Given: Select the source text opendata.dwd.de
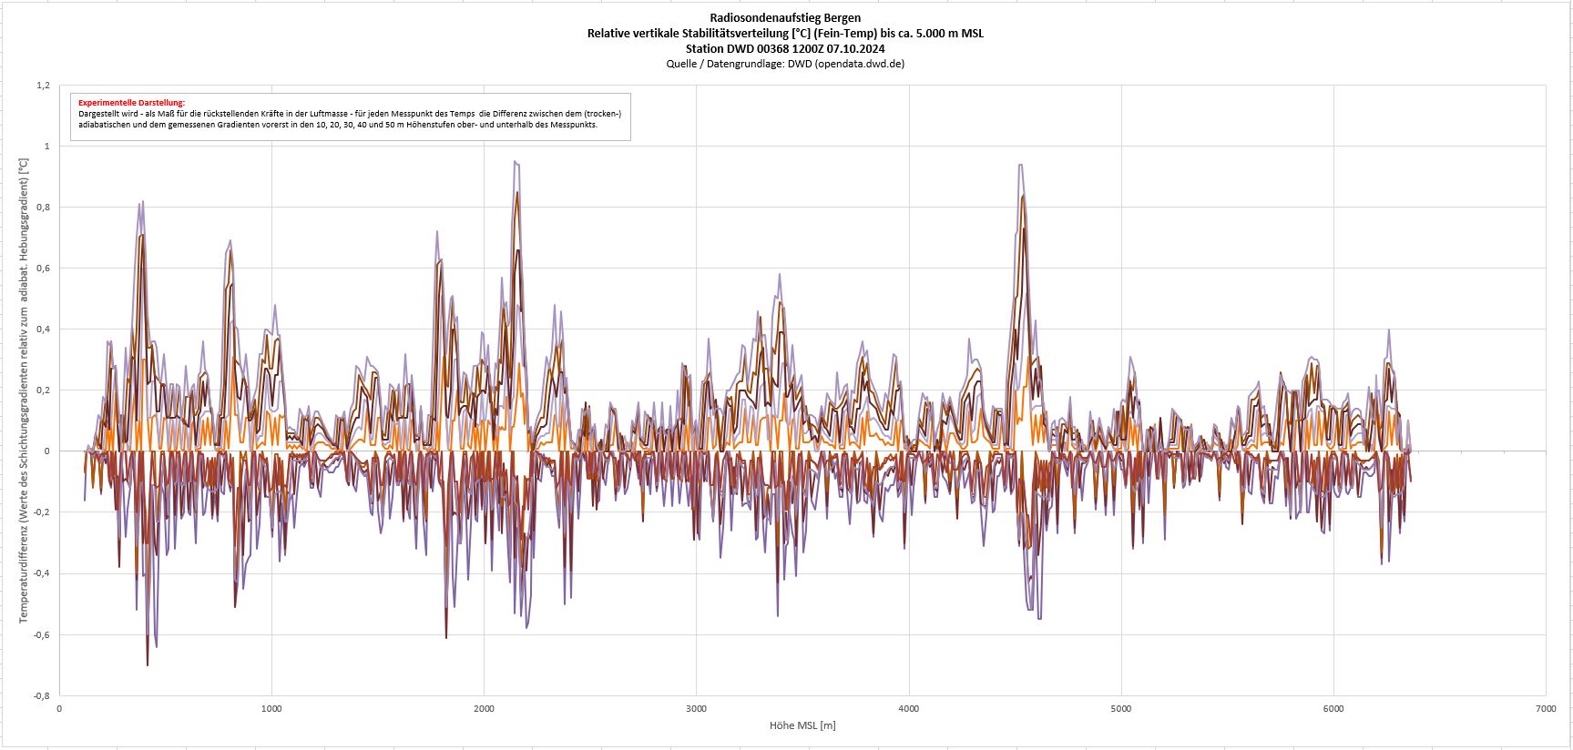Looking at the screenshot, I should tap(859, 64).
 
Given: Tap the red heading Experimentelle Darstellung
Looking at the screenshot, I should tap(131, 103).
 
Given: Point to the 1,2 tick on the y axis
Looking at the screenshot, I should tap(43, 86).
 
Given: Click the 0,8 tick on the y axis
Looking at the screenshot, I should tap(43, 208).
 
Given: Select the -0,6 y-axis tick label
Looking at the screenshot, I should tap(42, 635).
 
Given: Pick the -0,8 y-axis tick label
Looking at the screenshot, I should tap(42, 696).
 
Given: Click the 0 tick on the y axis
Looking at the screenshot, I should tap(47, 451).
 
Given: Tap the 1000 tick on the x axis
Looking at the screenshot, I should tap(271, 708).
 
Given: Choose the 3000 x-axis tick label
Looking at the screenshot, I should tap(696, 708).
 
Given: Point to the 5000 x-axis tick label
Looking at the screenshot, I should tap(1121, 708).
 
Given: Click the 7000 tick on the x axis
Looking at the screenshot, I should tap(1546, 708).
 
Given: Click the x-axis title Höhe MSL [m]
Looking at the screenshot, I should tap(802, 725).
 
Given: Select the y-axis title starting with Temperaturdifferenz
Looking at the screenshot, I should tap(25, 391).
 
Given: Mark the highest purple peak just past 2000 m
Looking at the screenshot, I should tap(516, 162).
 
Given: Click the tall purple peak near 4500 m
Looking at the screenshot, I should tap(1021, 166).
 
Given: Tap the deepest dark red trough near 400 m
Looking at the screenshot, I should tap(148, 664).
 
